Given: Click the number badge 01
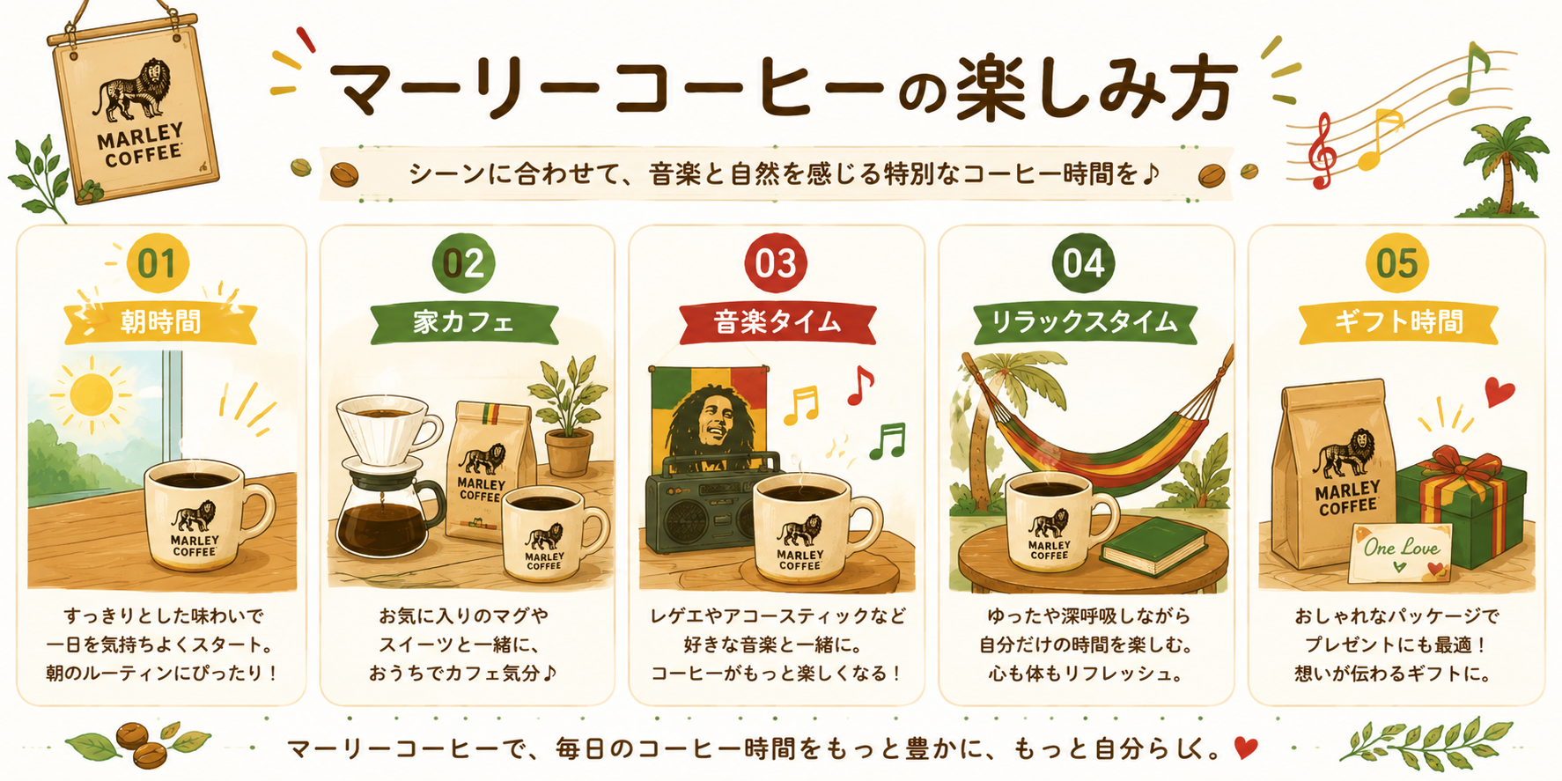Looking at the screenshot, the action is [x=158, y=263].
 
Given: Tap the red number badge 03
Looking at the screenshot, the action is [x=776, y=263].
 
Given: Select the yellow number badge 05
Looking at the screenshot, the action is [x=1396, y=263].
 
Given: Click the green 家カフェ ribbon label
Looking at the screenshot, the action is [x=464, y=323].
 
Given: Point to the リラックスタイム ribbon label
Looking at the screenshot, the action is [x=1085, y=323].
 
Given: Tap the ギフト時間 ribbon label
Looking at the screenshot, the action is [x=1398, y=323].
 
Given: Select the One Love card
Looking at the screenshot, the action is [x=1399, y=552].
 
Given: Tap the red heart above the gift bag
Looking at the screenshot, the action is [x=1499, y=391].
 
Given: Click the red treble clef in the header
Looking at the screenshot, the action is [x=1320, y=151].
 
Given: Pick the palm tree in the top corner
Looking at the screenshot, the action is [x=1503, y=167].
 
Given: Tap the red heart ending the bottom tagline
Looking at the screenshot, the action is [x=1246, y=748].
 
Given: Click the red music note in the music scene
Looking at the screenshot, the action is [x=859, y=385].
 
